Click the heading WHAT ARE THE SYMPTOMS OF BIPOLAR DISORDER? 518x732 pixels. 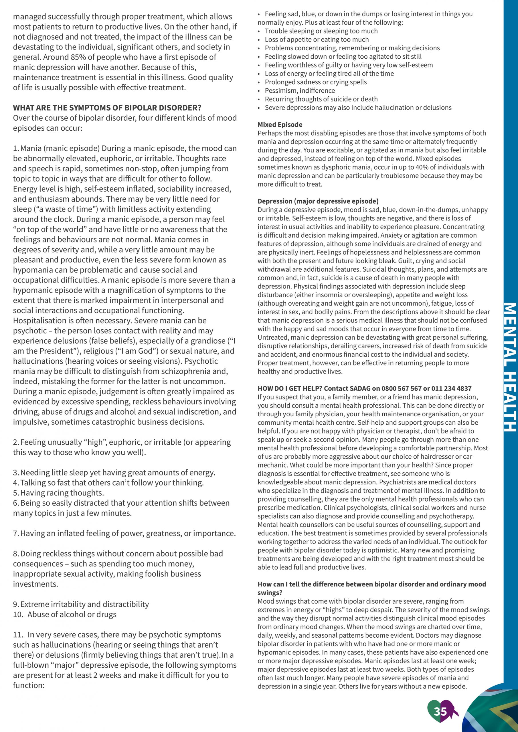point(107,108)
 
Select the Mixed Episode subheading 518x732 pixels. point(280,125)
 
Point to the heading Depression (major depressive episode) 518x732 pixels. point(318,201)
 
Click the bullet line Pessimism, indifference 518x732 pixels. point(299,91)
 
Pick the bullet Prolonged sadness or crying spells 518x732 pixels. point(315,82)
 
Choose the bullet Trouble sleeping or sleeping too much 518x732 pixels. point(321,31)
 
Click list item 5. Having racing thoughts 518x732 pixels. point(58,493)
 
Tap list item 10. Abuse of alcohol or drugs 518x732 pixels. point(65,614)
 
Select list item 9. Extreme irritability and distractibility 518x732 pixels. point(81,604)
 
